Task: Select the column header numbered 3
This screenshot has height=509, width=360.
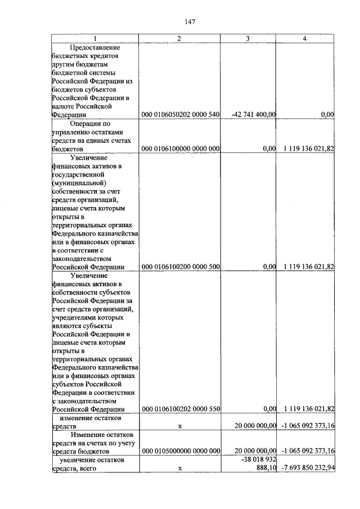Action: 248,38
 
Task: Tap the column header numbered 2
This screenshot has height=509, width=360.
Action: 179,38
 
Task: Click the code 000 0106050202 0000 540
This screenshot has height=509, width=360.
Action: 180,115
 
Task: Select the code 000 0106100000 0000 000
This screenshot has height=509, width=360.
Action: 180,149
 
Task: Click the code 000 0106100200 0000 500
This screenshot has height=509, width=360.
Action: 180,267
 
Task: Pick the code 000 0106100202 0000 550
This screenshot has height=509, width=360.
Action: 180,409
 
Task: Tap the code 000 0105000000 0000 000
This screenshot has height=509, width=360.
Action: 180,451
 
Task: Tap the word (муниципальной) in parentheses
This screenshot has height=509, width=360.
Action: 79,183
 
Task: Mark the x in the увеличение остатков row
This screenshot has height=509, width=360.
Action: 180,469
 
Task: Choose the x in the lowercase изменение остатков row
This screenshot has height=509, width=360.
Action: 180,426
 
